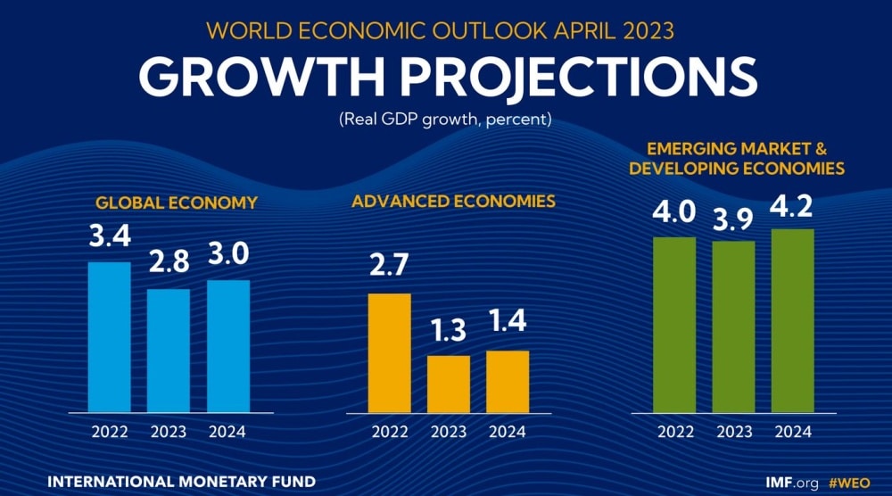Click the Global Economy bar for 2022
[109, 337]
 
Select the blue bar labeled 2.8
[169, 351]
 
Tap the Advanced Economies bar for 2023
[449, 384]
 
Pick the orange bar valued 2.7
[390, 353]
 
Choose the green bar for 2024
[793, 321]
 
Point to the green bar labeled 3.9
[733, 327]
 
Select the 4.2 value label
[793, 207]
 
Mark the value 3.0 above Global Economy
[227, 257]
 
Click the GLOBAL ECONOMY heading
[176, 203]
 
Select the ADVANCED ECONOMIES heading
[453, 202]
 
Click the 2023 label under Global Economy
[168, 432]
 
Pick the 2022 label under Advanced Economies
[389, 432]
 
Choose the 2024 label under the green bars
[792, 432]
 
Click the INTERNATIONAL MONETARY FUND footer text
[181, 482]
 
